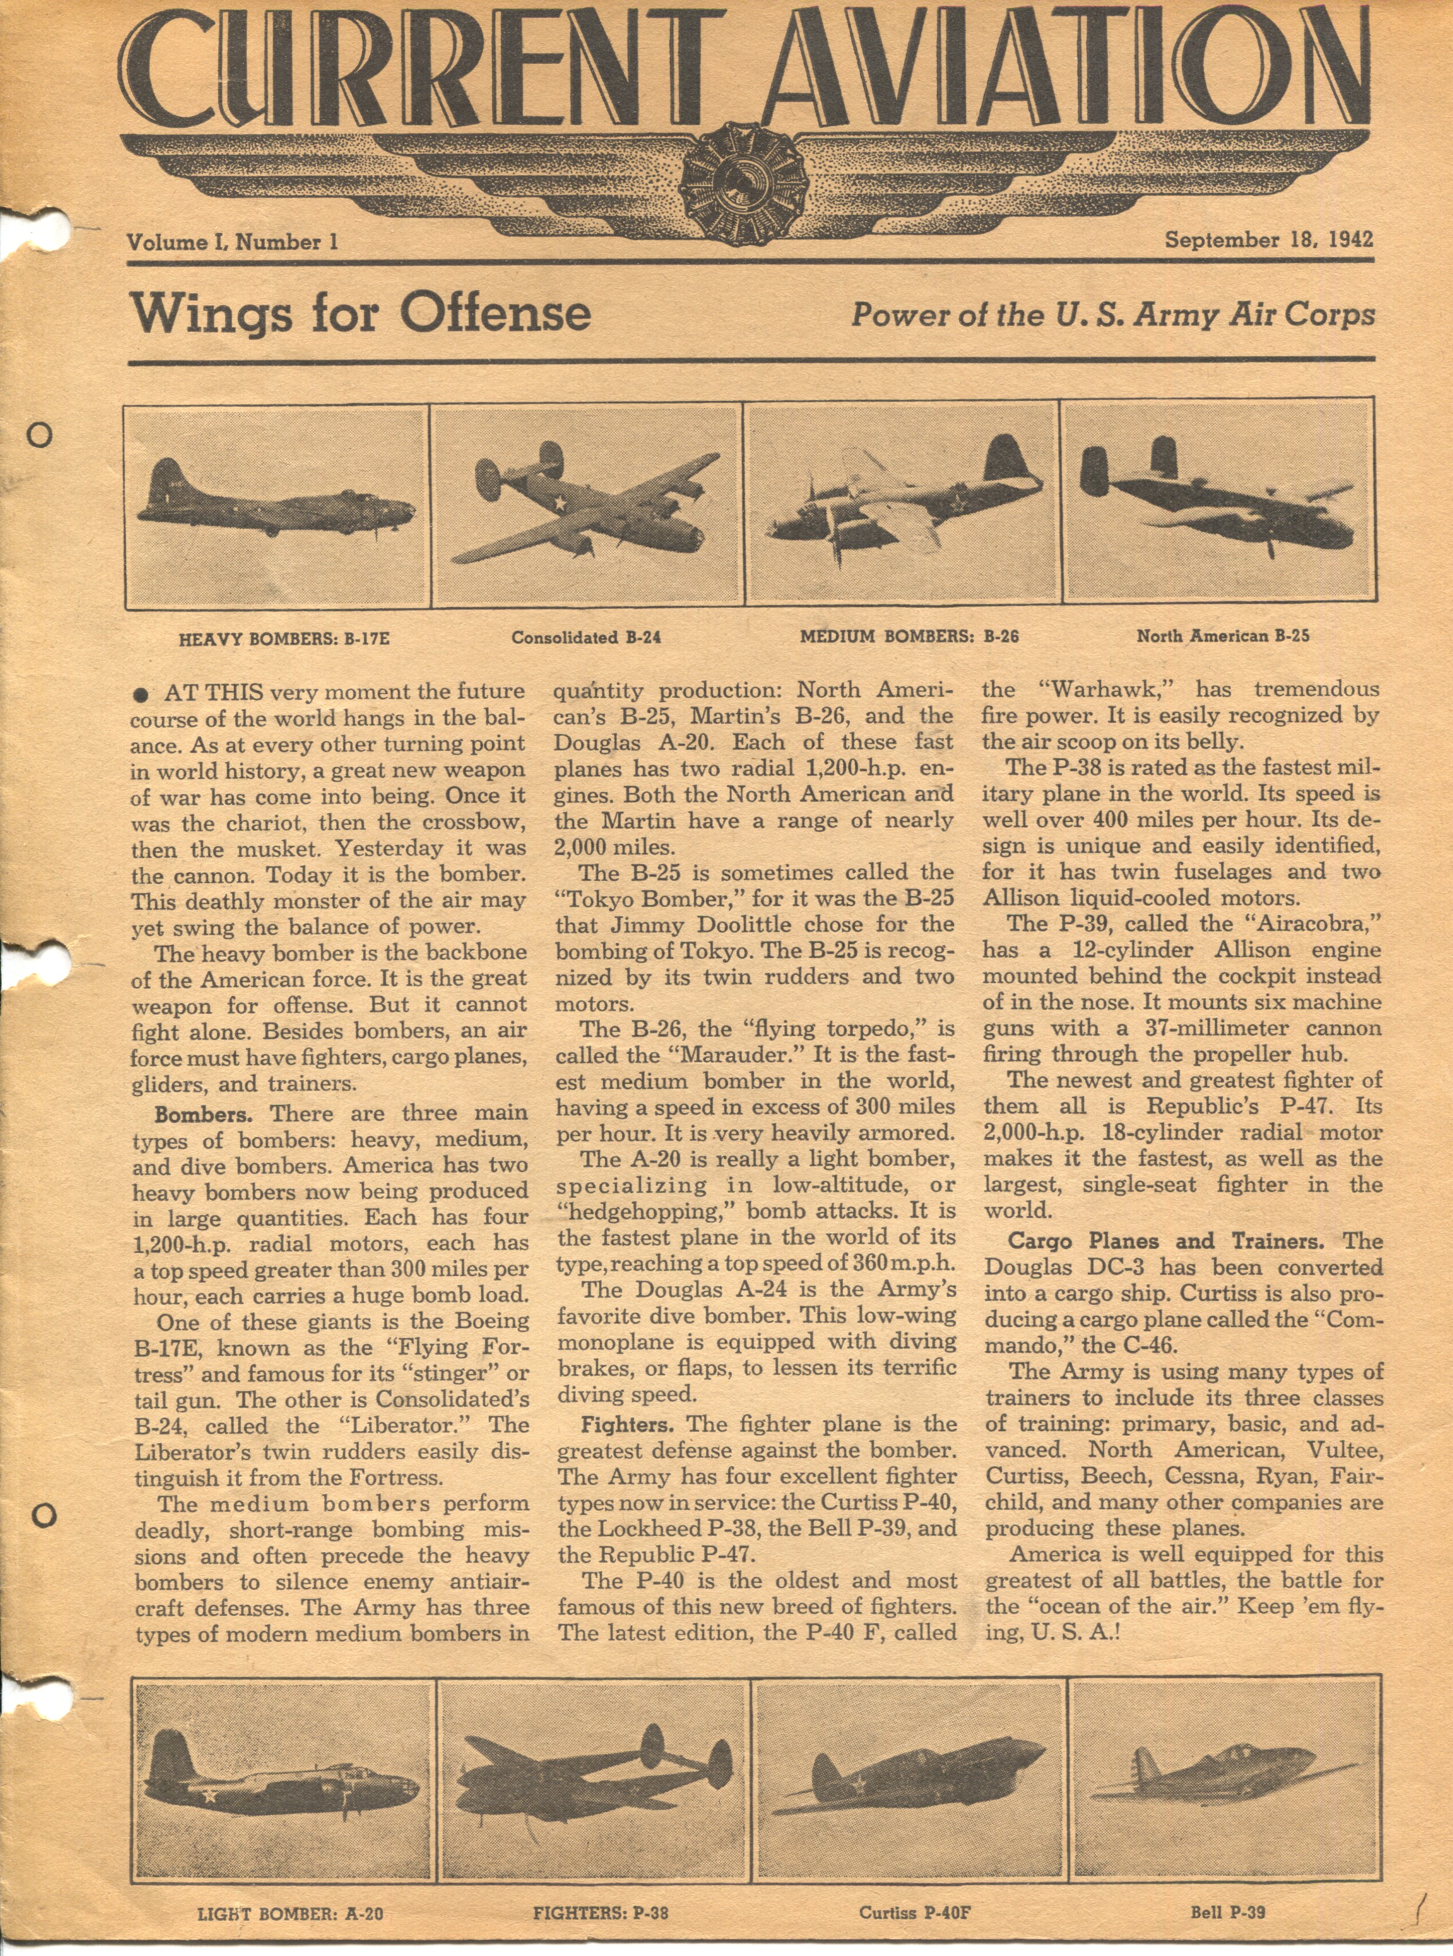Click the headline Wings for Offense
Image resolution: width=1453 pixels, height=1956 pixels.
coord(360,314)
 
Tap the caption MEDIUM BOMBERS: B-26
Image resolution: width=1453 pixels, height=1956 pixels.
coord(909,636)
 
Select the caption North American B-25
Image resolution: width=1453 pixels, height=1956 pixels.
coord(1223,635)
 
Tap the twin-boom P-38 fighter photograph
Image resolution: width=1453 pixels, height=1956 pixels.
coord(593,1778)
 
